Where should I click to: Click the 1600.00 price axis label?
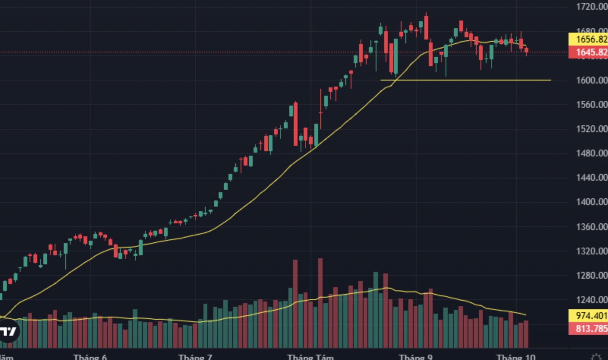[x=591, y=80]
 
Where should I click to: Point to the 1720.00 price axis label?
[x=591, y=6]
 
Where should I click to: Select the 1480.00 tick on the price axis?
[x=591, y=153]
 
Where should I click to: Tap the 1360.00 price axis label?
[x=591, y=227]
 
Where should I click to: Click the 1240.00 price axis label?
[x=591, y=300]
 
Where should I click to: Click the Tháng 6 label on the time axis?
[x=90, y=357]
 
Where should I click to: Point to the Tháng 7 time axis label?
[x=195, y=357]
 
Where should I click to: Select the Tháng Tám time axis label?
[x=310, y=357]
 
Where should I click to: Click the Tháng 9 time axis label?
[x=416, y=357]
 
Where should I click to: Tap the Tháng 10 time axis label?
[x=516, y=357]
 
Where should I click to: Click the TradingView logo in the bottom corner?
[x=8, y=332]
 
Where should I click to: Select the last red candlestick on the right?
[x=526, y=51]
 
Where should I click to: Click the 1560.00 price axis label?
[x=591, y=104]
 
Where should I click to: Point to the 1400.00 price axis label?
[x=591, y=202]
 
